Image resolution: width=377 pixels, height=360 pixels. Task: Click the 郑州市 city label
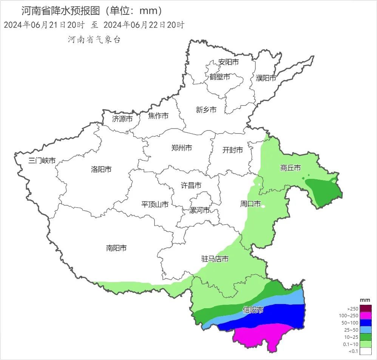(181, 148)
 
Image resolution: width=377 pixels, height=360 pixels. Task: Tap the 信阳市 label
(253, 310)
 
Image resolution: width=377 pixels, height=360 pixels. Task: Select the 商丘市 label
(290, 168)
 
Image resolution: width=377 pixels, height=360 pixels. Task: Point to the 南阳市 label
(116, 248)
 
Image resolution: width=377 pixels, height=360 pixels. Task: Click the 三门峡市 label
(42, 161)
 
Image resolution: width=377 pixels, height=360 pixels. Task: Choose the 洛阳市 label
(101, 169)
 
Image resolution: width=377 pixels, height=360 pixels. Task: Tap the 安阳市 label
(229, 62)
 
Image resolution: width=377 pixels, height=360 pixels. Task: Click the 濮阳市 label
(266, 78)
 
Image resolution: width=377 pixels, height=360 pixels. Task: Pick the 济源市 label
(122, 119)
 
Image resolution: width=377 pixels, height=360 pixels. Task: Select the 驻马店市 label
(215, 259)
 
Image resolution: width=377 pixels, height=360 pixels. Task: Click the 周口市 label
(250, 204)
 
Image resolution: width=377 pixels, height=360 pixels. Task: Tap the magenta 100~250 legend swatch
(366, 315)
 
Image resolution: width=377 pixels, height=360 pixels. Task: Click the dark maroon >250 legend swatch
(366, 309)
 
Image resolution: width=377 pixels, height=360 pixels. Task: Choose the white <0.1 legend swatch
(366, 351)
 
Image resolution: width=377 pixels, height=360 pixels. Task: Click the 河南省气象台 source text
(94, 39)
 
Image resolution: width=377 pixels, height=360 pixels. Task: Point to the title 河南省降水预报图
(60, 11)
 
